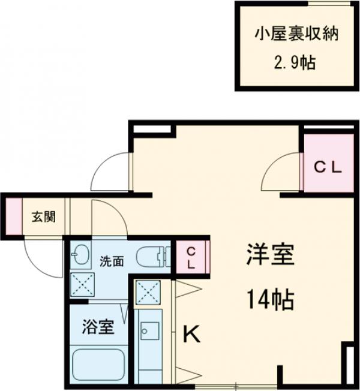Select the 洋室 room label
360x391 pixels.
click(269, 255)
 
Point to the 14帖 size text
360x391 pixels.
click(269, 298)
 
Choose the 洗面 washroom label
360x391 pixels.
click(112, 261)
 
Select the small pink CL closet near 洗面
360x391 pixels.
click(190, 256)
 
